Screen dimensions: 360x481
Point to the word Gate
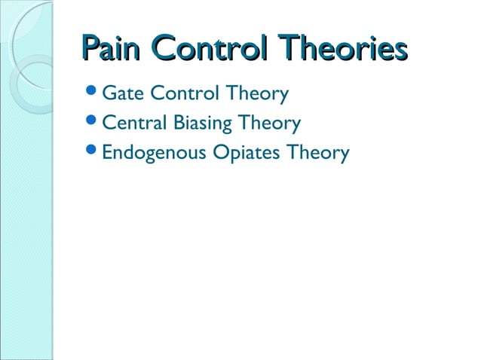tap(123, 94)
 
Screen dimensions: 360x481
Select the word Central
tap(132, 123)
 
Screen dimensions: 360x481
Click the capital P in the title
tap(88, 50)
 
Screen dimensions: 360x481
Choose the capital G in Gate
tap(109, 94)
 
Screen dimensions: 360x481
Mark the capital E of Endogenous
tap(106, 152)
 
